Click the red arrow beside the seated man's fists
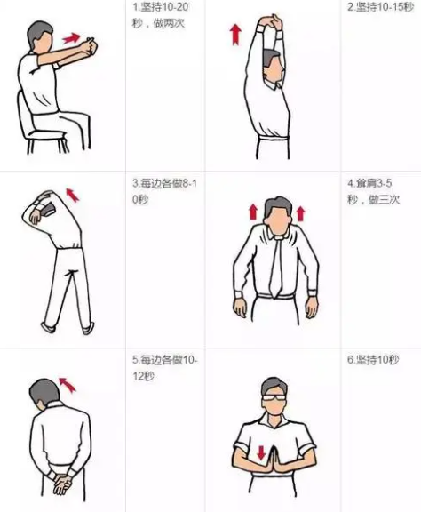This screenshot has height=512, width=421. [72, 38]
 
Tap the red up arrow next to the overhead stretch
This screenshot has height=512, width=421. [235, 35]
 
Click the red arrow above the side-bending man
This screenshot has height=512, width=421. [73, 195]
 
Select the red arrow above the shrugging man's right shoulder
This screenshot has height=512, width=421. [253, 212]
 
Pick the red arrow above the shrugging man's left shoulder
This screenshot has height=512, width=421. [300, 213]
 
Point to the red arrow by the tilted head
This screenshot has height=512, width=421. [67, 384]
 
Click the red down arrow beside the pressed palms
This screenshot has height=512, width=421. [261, 452]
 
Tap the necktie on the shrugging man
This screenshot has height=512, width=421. [276, 267]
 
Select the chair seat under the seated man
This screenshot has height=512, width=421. [46, 134]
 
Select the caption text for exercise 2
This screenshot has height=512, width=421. [380, 7]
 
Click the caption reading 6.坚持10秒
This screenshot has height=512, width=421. [373, 360]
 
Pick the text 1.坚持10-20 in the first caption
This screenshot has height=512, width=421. [160, 7]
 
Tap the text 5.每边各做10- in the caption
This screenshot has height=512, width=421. [165, 360]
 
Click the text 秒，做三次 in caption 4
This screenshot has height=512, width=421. [373, 199]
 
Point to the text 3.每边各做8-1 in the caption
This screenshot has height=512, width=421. [165, 183]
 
